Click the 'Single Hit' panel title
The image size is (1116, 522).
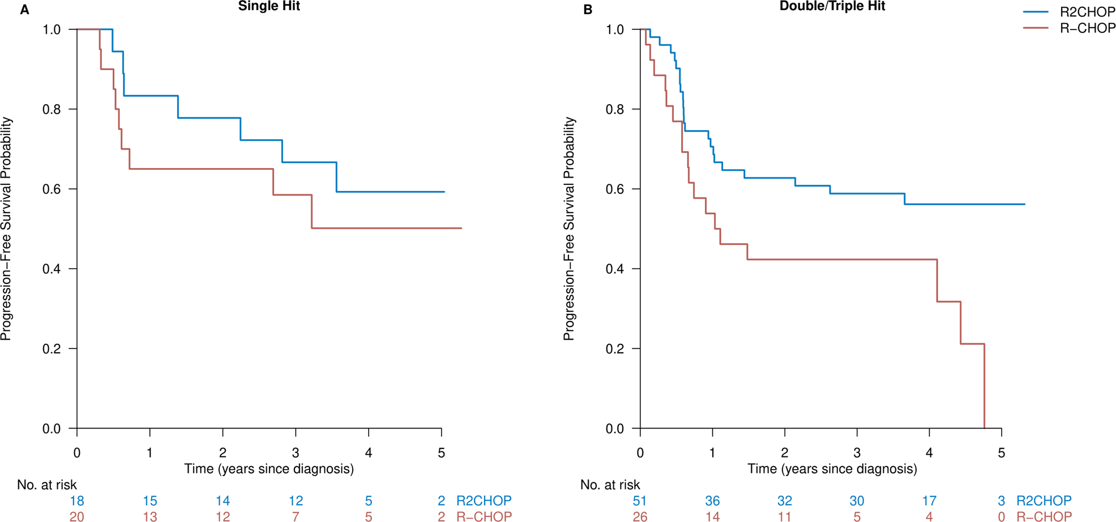pos(268,7)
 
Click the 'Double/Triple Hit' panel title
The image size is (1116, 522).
pos(832,7)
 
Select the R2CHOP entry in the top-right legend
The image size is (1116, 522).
pos(1087,12)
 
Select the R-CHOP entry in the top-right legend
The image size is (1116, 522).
pos(1087,28)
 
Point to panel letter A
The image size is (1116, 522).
pos(24,10)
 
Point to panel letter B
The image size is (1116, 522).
pos(588,10)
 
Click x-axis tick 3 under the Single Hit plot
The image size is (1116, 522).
pos(296,452)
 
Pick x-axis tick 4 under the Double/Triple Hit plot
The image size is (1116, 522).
pos(929,452)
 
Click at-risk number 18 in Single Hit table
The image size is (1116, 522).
pos(77,501)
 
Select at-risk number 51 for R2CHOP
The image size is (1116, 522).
pos(640,501)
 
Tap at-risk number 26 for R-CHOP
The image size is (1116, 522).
pos(640,516)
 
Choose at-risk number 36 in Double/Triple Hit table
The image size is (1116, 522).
pos(712,501)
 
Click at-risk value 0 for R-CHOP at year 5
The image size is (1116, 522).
pos(1001,516)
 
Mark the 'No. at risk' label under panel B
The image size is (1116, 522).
pos(610,485)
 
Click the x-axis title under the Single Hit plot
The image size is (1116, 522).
pos(268,469)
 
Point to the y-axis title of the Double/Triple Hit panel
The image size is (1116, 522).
pos(568,229)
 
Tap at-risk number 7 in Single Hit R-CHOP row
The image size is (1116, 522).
pos(296,516)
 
